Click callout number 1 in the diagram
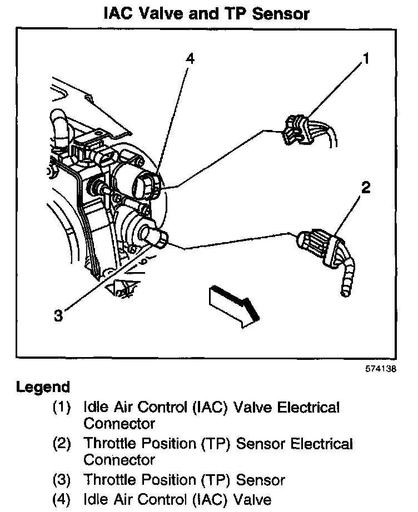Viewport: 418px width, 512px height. tap(365, 58)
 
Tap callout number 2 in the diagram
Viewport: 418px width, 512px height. tap(365, 188)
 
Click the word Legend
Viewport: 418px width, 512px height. tap(43, 387)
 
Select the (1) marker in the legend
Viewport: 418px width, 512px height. tap(62, 408)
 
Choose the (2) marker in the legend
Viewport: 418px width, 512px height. tap(62, 444)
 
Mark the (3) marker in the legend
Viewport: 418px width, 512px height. tap(62, 480)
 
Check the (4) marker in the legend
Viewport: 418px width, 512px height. tap(62, 498)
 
